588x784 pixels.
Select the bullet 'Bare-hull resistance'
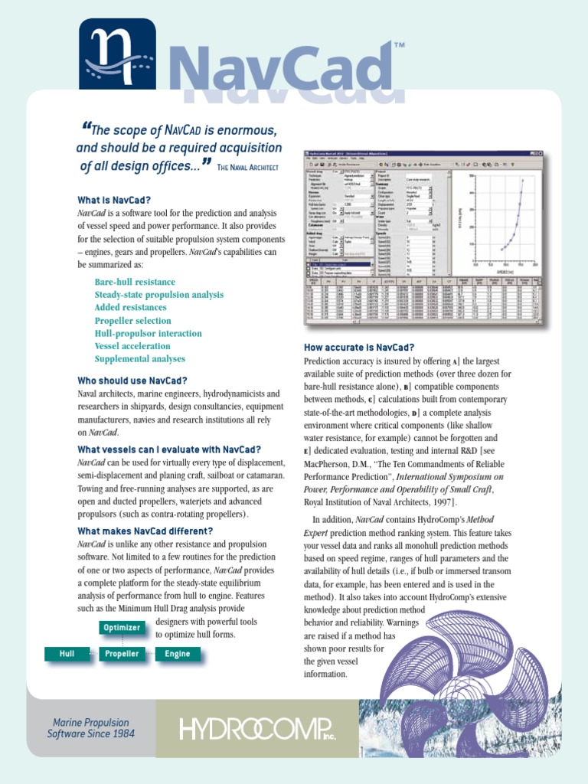point(135,283)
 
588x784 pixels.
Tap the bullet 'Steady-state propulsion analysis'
point(159,295)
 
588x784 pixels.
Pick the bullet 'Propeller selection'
point(132,321)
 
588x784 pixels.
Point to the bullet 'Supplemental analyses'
point(140,359)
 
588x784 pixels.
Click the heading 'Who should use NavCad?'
point(132,381)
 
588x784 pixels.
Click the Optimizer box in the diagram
point(121,628)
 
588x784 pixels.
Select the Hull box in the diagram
point(67,654)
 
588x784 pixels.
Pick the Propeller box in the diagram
point(122,654)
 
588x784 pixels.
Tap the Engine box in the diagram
point(178,654)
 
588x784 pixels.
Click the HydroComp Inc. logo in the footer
point(257,728)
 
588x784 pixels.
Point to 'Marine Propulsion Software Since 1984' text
point(90,728)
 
